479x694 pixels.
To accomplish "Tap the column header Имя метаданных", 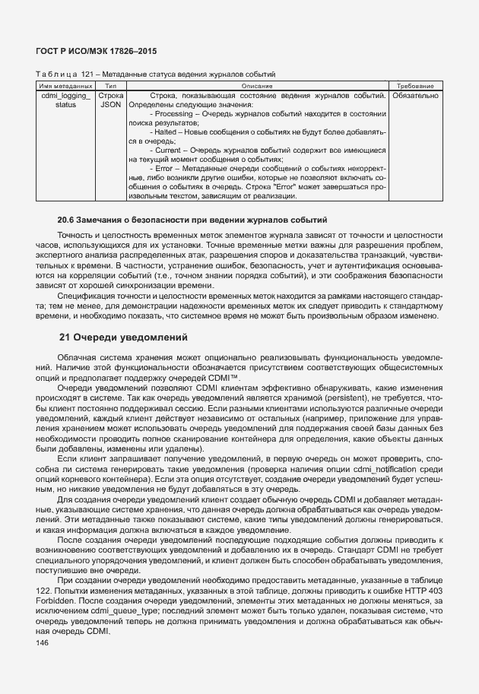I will [65, 87].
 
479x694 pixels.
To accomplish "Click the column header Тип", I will [111, 87].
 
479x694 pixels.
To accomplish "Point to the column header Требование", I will [415, 87].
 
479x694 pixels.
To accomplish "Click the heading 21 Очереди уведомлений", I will [124, 337].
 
